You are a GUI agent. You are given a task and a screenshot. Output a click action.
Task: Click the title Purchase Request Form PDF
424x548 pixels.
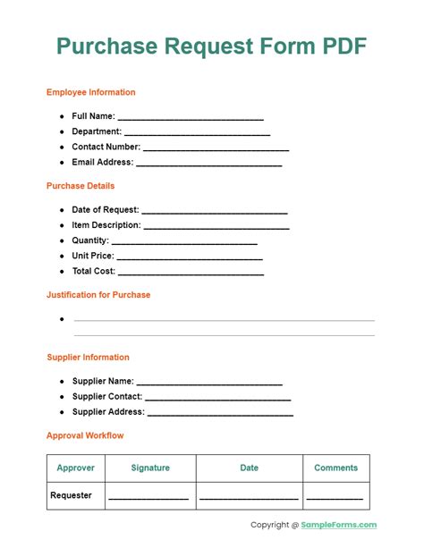click(212, 46)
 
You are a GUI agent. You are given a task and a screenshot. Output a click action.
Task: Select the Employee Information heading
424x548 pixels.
click(91, 92)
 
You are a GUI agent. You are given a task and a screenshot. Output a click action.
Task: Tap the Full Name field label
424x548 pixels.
click(93, 116)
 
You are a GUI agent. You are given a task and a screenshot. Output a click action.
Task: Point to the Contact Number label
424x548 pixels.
click(106, 147)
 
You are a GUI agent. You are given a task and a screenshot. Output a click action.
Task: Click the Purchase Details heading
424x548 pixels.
click(81, 186)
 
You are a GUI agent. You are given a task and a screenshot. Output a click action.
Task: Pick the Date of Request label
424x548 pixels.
click(106, 210)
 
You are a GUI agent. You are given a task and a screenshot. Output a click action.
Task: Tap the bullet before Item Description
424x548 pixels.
click(62, 225)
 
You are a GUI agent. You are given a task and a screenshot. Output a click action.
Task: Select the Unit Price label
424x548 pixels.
click(93, 256)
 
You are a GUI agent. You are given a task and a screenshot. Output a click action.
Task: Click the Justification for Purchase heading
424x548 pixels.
click(98, 294)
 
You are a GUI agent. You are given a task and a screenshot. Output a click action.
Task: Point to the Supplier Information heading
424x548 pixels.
click(88, 358)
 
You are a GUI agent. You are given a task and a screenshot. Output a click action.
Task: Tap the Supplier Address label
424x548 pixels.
click(108, 412)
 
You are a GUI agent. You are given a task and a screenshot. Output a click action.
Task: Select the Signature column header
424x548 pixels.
click(150, 468)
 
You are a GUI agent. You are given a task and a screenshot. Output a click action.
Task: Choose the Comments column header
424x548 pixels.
click(335, 468)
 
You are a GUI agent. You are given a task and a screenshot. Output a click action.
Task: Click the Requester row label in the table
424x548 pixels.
click(72, 495)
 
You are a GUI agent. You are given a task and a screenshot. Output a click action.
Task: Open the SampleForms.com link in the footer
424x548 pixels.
click(340, 525)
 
